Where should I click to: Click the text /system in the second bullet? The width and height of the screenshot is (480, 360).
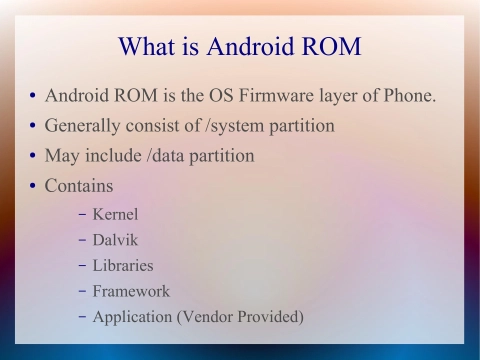point(237,127)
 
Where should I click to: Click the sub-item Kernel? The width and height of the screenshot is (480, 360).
point(115,214)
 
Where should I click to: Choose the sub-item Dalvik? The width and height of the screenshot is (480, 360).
point(115,240)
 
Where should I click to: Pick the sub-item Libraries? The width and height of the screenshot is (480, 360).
point(123,266)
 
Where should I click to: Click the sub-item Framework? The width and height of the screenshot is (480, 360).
point(130,291)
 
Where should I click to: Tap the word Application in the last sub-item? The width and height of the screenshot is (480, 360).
point(133,317)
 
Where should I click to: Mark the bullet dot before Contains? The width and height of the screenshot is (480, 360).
point(33,187)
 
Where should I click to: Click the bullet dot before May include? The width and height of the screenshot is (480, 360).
point(33,157)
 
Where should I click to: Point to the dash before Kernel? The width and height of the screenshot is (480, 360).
point(81,214)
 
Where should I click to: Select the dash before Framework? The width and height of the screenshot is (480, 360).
point(81,291)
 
